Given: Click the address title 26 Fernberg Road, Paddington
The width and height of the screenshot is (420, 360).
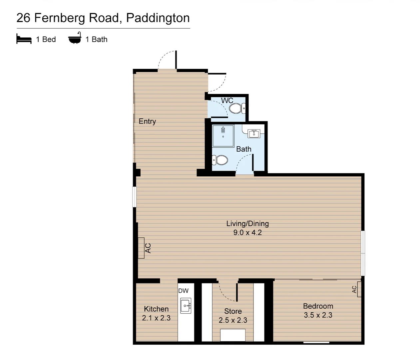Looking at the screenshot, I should (103, 18).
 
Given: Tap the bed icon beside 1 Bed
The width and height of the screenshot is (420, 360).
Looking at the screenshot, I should (24, 39).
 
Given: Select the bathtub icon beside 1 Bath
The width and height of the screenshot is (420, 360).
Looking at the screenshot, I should (75, 38).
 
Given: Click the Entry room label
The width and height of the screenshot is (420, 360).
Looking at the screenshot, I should (147, 121).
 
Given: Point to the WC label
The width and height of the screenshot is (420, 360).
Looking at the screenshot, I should (227, 100).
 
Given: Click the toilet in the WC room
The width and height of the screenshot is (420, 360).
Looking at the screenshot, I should (237, 108).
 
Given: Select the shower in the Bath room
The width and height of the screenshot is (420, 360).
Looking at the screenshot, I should (223, 135).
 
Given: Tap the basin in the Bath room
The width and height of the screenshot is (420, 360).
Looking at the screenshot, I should (254, 133).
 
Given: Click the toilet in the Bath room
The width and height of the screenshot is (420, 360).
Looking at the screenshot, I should (220, 160).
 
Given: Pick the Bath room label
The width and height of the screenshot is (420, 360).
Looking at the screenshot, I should (243, 149).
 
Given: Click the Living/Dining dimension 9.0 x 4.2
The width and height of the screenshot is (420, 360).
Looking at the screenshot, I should (247, 233).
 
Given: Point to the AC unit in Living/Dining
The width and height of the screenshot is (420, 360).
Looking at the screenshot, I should (142, 248).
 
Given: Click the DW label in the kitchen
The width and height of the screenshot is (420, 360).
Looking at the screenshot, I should (183, 291).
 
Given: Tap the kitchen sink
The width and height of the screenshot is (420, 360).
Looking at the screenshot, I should (186, 306).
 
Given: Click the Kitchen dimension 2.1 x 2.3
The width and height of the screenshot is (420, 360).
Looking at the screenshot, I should (156, 318).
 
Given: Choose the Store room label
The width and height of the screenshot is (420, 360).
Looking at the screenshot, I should (233, 311).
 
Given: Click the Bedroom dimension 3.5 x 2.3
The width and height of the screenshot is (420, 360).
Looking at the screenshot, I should (318, 315).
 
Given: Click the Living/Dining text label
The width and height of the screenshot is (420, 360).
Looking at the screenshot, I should (247, 224).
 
